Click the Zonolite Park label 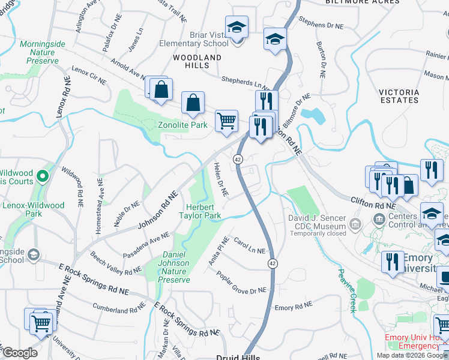[182, 125]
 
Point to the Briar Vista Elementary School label [194, 39]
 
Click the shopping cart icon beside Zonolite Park [226, 121]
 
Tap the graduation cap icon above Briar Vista [237, 27]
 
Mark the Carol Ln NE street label [249, 246]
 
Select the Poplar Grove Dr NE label [241, 283]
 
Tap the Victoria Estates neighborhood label [399, 96]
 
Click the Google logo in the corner [19, 353]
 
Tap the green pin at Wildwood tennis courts [42, 176]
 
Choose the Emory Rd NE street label [294, 305]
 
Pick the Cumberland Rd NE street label [118, 310]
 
